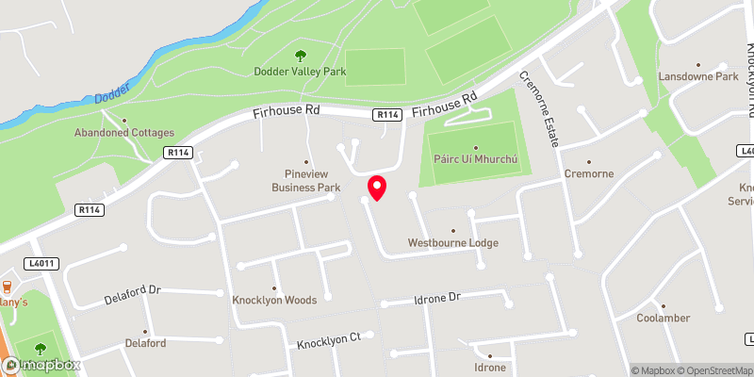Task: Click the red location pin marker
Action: coord(377,187)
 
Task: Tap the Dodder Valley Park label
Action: coord(293,72)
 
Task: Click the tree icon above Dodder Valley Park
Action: coord(301,56)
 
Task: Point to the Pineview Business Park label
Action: coord(305,181)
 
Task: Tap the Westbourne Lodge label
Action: coord(452,243)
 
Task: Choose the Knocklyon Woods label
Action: coord(274,301)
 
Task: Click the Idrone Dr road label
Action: coord(436,299)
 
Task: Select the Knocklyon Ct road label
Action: coord(329,338)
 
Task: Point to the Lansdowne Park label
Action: coord(699,76)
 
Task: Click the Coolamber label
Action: coord(664,318)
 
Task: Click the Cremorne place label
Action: coord(589,174)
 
